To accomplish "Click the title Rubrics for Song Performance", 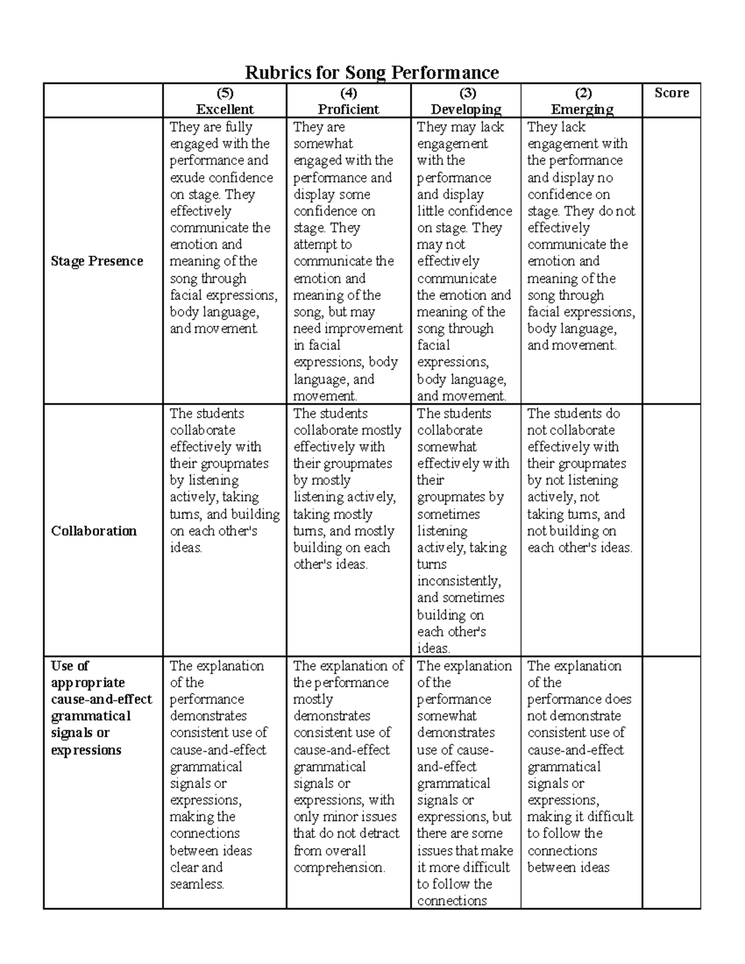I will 372,73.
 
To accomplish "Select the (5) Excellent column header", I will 224,101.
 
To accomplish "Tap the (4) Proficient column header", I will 348,101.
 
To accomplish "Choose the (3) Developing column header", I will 466,101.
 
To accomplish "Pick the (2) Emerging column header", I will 582,101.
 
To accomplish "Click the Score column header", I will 671,93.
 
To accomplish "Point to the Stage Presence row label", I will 97,261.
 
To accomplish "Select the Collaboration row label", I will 94,531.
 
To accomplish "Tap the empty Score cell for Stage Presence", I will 671,261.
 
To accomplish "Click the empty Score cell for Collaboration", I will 671,531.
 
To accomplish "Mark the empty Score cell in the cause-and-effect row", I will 671,782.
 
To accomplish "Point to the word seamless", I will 197,884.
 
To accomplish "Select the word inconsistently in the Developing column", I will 459,582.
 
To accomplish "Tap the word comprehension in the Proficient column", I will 339,867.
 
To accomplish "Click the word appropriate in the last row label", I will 88,683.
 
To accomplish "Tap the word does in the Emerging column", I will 618,700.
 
